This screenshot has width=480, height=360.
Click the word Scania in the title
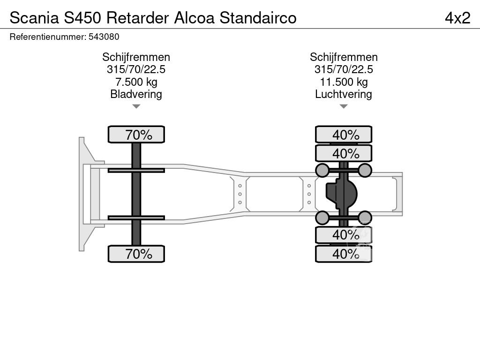(34, 18)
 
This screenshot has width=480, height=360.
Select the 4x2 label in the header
(457, 18)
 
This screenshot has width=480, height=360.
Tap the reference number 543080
(104, 37)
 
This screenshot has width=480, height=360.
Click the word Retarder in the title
(137, 18)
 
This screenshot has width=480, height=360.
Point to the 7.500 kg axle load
(136, 82)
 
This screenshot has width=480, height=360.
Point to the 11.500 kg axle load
(344, 82)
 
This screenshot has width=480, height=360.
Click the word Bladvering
(136, 94)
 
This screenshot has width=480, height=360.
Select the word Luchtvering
(344, 94)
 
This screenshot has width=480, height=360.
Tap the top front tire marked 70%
(136, 135)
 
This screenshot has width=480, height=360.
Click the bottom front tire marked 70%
(136, 254)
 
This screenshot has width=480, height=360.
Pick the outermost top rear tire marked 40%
(344, 135)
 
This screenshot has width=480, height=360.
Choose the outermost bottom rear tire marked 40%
(344, 254)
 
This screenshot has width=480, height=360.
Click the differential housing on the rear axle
(341, 194)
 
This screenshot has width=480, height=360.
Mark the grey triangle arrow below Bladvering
(136, 106)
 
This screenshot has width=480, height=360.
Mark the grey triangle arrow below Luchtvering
(344, 106)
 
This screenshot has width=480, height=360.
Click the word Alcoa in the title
(195, 18)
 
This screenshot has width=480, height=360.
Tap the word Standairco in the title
(258, 18)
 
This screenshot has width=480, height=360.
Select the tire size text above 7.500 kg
(136, 69)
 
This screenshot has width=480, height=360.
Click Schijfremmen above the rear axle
(344, 57)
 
